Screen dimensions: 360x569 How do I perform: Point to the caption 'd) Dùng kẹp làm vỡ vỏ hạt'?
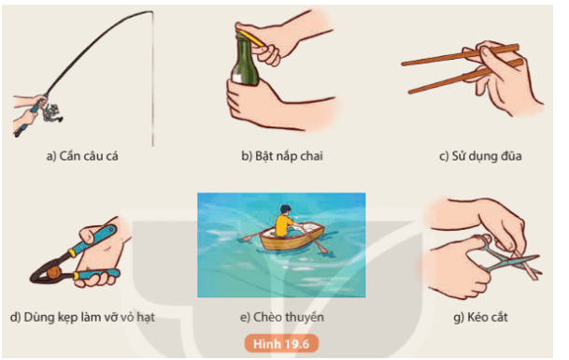coord(82,316)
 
